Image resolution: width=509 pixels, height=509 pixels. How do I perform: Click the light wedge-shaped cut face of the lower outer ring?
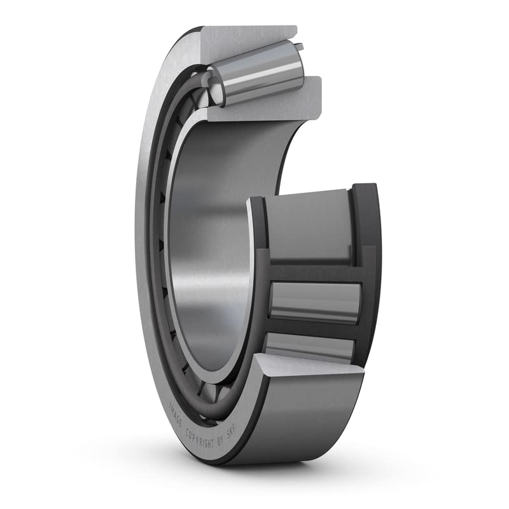[x=305, y=369]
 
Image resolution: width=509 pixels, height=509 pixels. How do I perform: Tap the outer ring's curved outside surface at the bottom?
[x=299, y=420]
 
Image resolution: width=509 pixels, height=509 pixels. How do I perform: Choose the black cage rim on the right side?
[x=369, y=267]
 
